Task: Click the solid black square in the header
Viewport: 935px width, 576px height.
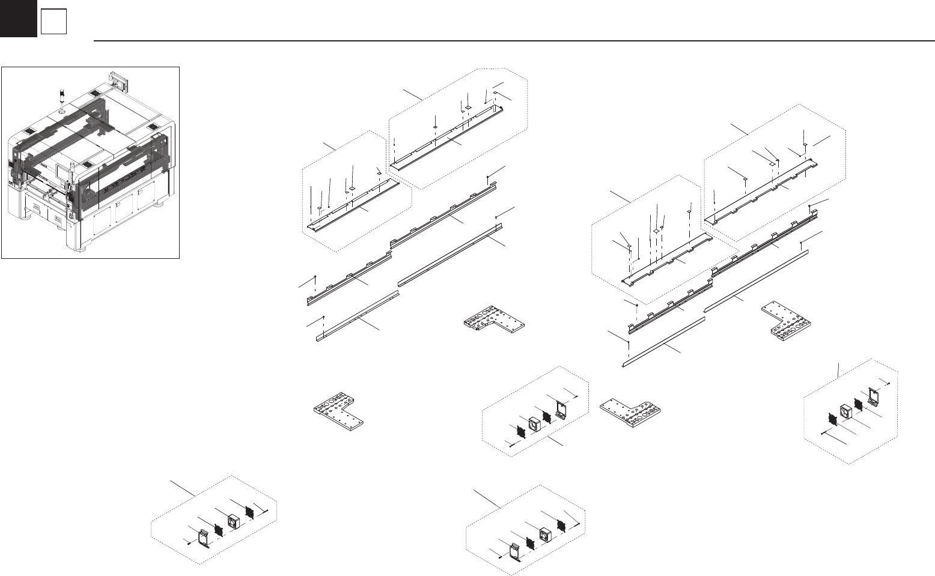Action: pyautogui.click(x=18, y=18)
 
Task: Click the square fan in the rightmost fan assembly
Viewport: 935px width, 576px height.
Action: pyautogui.click(x=847, y=411)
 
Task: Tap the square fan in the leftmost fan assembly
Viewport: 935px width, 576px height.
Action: pyautogui.click(x=233, y=521)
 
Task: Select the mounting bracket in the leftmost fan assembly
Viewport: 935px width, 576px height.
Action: pyautogui.click(x=204, y=536)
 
